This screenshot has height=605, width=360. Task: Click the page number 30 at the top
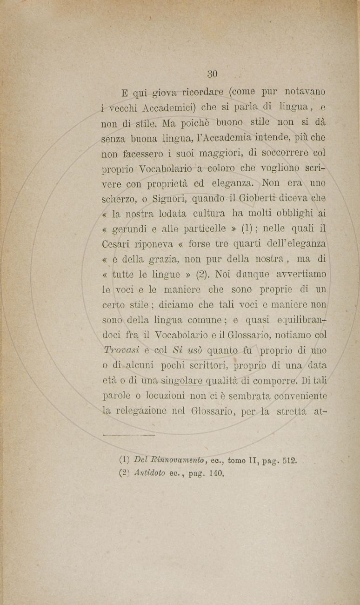213,74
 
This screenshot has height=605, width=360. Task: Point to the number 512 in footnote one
289,460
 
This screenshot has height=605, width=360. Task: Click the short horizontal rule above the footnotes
128,435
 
